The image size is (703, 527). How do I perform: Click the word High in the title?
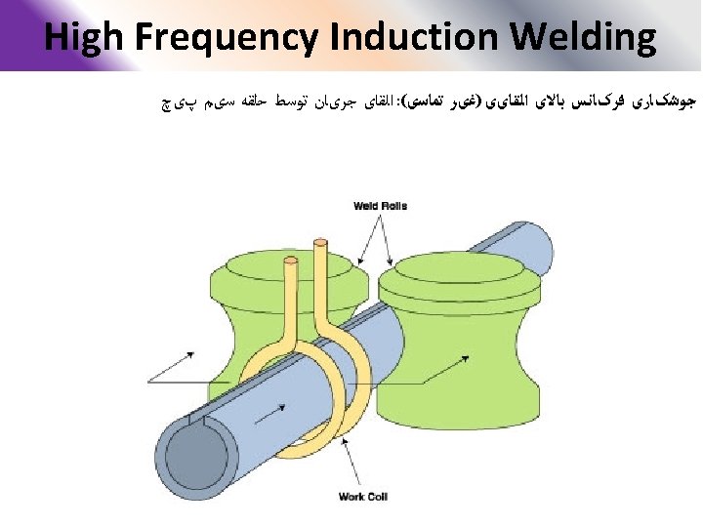tap(84, 38)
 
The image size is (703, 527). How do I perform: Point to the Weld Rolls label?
tap(381, 206)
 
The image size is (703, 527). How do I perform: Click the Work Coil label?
tap(363, 497)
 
